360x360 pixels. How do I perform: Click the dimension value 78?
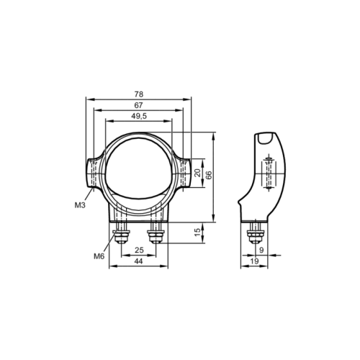[x=139, y=94]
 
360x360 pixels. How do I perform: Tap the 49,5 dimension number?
[x=139, y=116]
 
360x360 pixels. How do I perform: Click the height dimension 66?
[x=210, y=175]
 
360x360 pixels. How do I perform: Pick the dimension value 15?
[x=197, y=232]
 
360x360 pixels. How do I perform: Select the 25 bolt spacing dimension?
[x=139, y=250]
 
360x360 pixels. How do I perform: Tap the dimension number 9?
[x=261, y=250]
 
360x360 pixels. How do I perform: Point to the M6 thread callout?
[x=99, y=256]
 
